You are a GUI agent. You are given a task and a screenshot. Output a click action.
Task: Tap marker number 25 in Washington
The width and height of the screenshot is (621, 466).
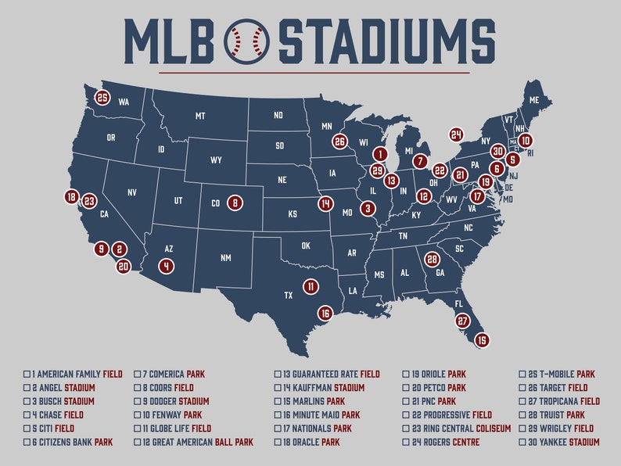point(102,98)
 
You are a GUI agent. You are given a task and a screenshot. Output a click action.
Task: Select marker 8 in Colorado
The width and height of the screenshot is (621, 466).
point(234,203)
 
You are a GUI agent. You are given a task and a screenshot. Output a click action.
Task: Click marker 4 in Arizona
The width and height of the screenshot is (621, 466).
point(166,266)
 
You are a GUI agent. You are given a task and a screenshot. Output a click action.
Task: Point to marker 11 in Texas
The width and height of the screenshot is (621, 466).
point(310,287)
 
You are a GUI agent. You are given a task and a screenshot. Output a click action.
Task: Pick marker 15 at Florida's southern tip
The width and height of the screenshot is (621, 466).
point(482,340)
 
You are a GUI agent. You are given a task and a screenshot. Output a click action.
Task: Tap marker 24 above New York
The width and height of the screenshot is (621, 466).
point(456,134)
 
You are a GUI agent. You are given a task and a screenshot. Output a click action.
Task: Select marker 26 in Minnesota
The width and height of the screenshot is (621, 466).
point(339,142)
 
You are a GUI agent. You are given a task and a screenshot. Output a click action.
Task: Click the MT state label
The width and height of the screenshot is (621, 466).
point(200,116)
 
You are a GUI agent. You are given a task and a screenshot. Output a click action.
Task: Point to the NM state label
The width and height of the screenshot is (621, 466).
point(226,258)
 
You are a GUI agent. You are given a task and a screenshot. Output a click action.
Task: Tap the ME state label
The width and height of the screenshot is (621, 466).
point(534,101)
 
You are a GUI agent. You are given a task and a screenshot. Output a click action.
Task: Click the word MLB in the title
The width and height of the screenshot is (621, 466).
point(169,41)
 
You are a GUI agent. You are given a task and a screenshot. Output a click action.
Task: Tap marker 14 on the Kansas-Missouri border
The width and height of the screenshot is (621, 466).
point(325,203)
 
